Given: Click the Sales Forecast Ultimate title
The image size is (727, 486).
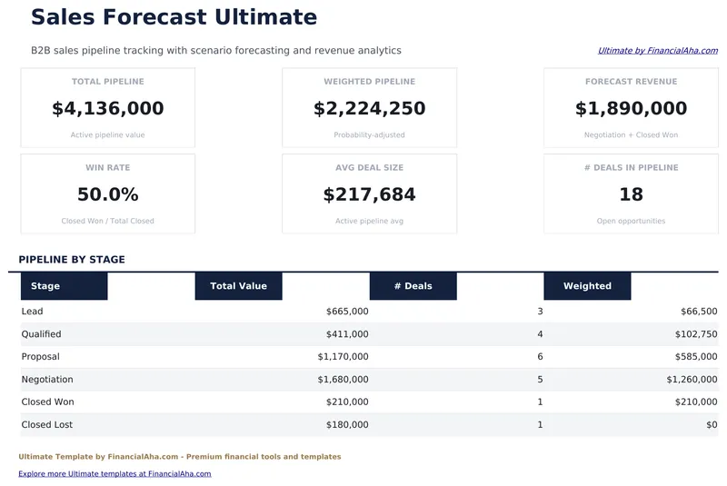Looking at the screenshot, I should point(174,17).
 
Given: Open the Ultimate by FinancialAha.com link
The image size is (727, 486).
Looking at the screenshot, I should point(657,51).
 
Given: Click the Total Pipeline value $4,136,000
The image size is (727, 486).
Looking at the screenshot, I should point(108,109).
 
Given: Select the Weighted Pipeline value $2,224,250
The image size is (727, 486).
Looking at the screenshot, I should point(369,109).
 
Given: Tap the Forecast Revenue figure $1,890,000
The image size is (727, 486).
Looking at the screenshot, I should point(631,109).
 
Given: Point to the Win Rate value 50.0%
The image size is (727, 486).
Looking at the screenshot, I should point(108,194).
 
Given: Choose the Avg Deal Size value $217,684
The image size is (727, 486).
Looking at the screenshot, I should point(369,194).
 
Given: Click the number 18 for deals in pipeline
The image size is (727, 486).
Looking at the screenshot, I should point(631,194).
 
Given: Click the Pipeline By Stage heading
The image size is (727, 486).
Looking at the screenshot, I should point(72,260).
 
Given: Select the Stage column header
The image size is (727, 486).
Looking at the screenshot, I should point(45,286).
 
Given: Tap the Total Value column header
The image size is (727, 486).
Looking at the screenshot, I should point(238,286).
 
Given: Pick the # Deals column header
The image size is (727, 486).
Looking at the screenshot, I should point(413,286).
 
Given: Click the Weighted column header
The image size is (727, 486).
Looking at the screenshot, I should point(587,286).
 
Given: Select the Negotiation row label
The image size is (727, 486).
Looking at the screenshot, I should point(47,380).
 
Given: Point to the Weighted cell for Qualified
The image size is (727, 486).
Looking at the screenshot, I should point(695,334).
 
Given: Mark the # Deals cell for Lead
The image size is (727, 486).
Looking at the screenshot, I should point(540,312).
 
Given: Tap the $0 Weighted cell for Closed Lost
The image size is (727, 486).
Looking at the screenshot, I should point(711,425).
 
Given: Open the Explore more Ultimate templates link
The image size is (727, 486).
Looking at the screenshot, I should point(115,473).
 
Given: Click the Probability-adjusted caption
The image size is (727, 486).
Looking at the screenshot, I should point(369,135).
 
